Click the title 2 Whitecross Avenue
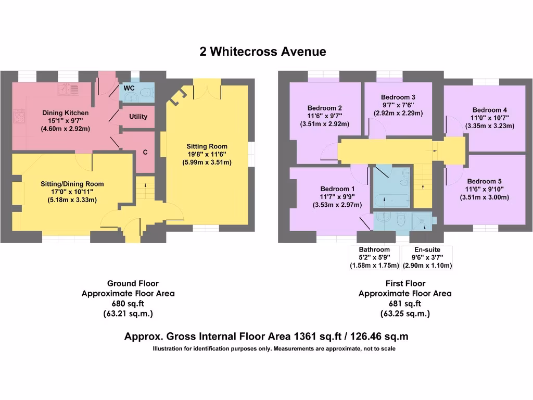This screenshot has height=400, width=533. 263,52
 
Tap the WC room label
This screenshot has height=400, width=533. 129,89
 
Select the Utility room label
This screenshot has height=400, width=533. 138,117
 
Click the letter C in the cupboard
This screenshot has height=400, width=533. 146,153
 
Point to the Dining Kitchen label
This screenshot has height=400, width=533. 66,113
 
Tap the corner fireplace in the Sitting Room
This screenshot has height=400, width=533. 179,96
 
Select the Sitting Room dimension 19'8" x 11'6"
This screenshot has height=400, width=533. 207,155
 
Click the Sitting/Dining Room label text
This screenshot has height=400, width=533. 72,184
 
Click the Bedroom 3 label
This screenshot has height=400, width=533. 398,97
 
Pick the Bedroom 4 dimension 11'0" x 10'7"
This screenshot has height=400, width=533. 489,118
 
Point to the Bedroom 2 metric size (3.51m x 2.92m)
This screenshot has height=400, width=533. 325,124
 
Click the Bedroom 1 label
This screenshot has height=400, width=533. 337,189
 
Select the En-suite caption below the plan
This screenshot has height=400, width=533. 427,250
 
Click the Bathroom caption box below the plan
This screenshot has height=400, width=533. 374,258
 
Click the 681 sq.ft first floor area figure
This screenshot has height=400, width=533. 405,304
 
